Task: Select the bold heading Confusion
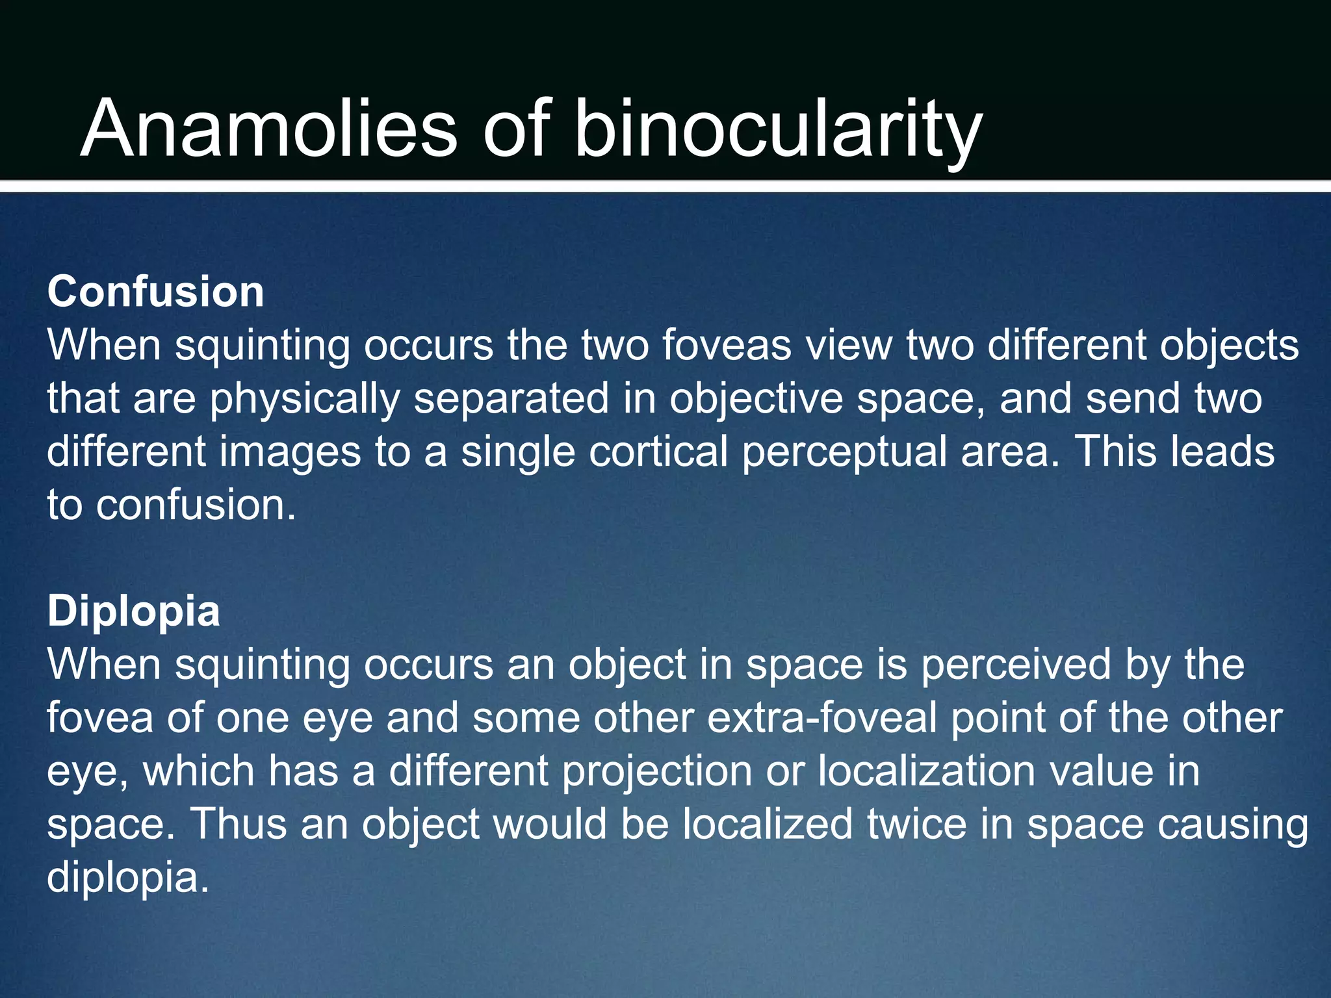tap(155, 292)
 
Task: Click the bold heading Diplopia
tap(134, 611)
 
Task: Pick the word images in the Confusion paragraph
tap(289, 453)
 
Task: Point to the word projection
tap(656, 772)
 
